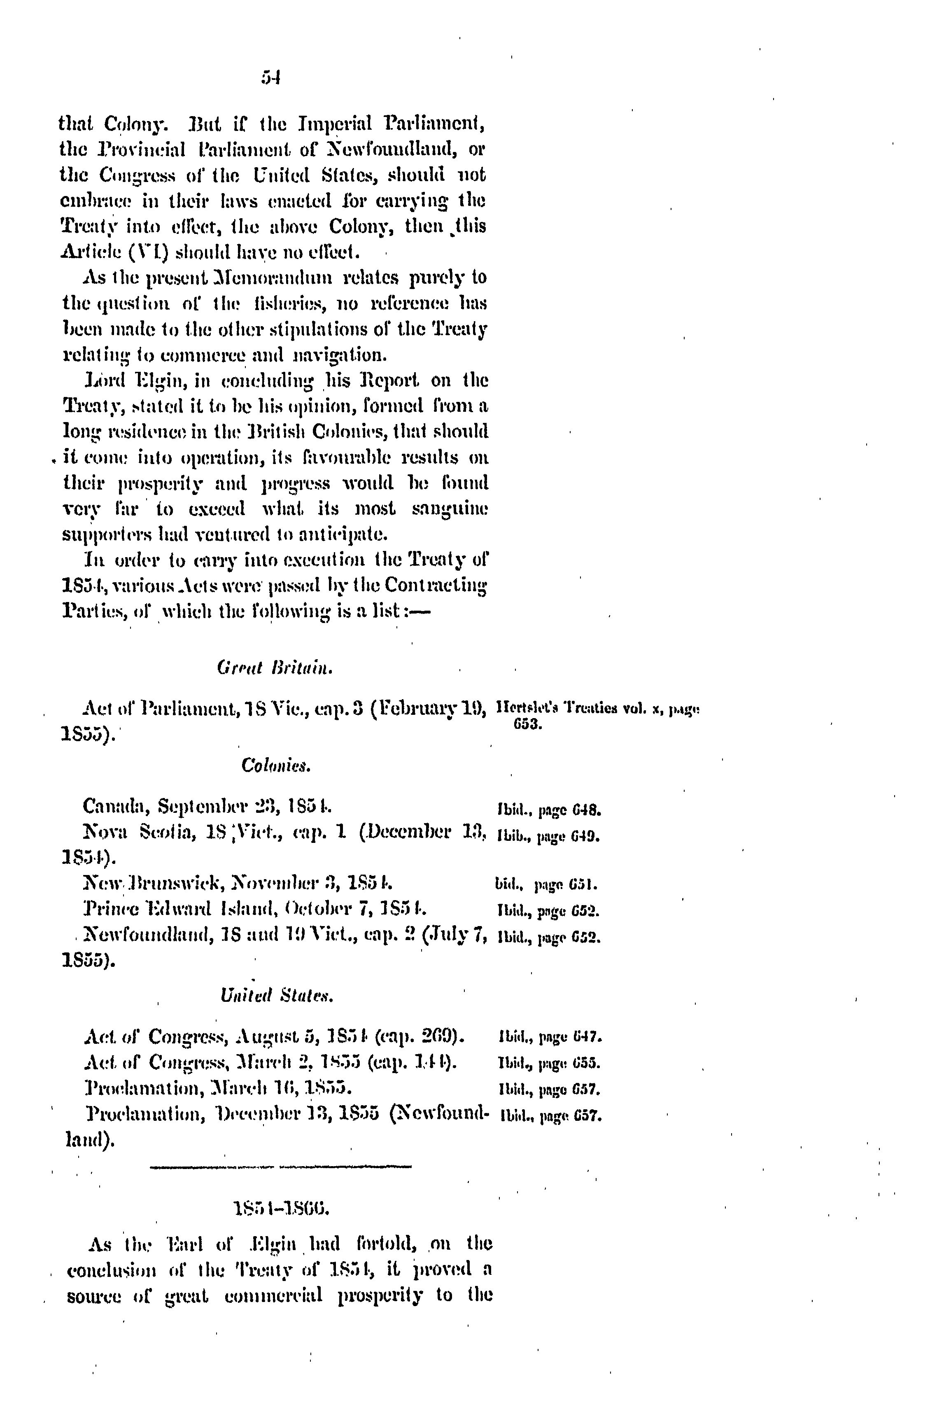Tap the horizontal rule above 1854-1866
click(280, 1167)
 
